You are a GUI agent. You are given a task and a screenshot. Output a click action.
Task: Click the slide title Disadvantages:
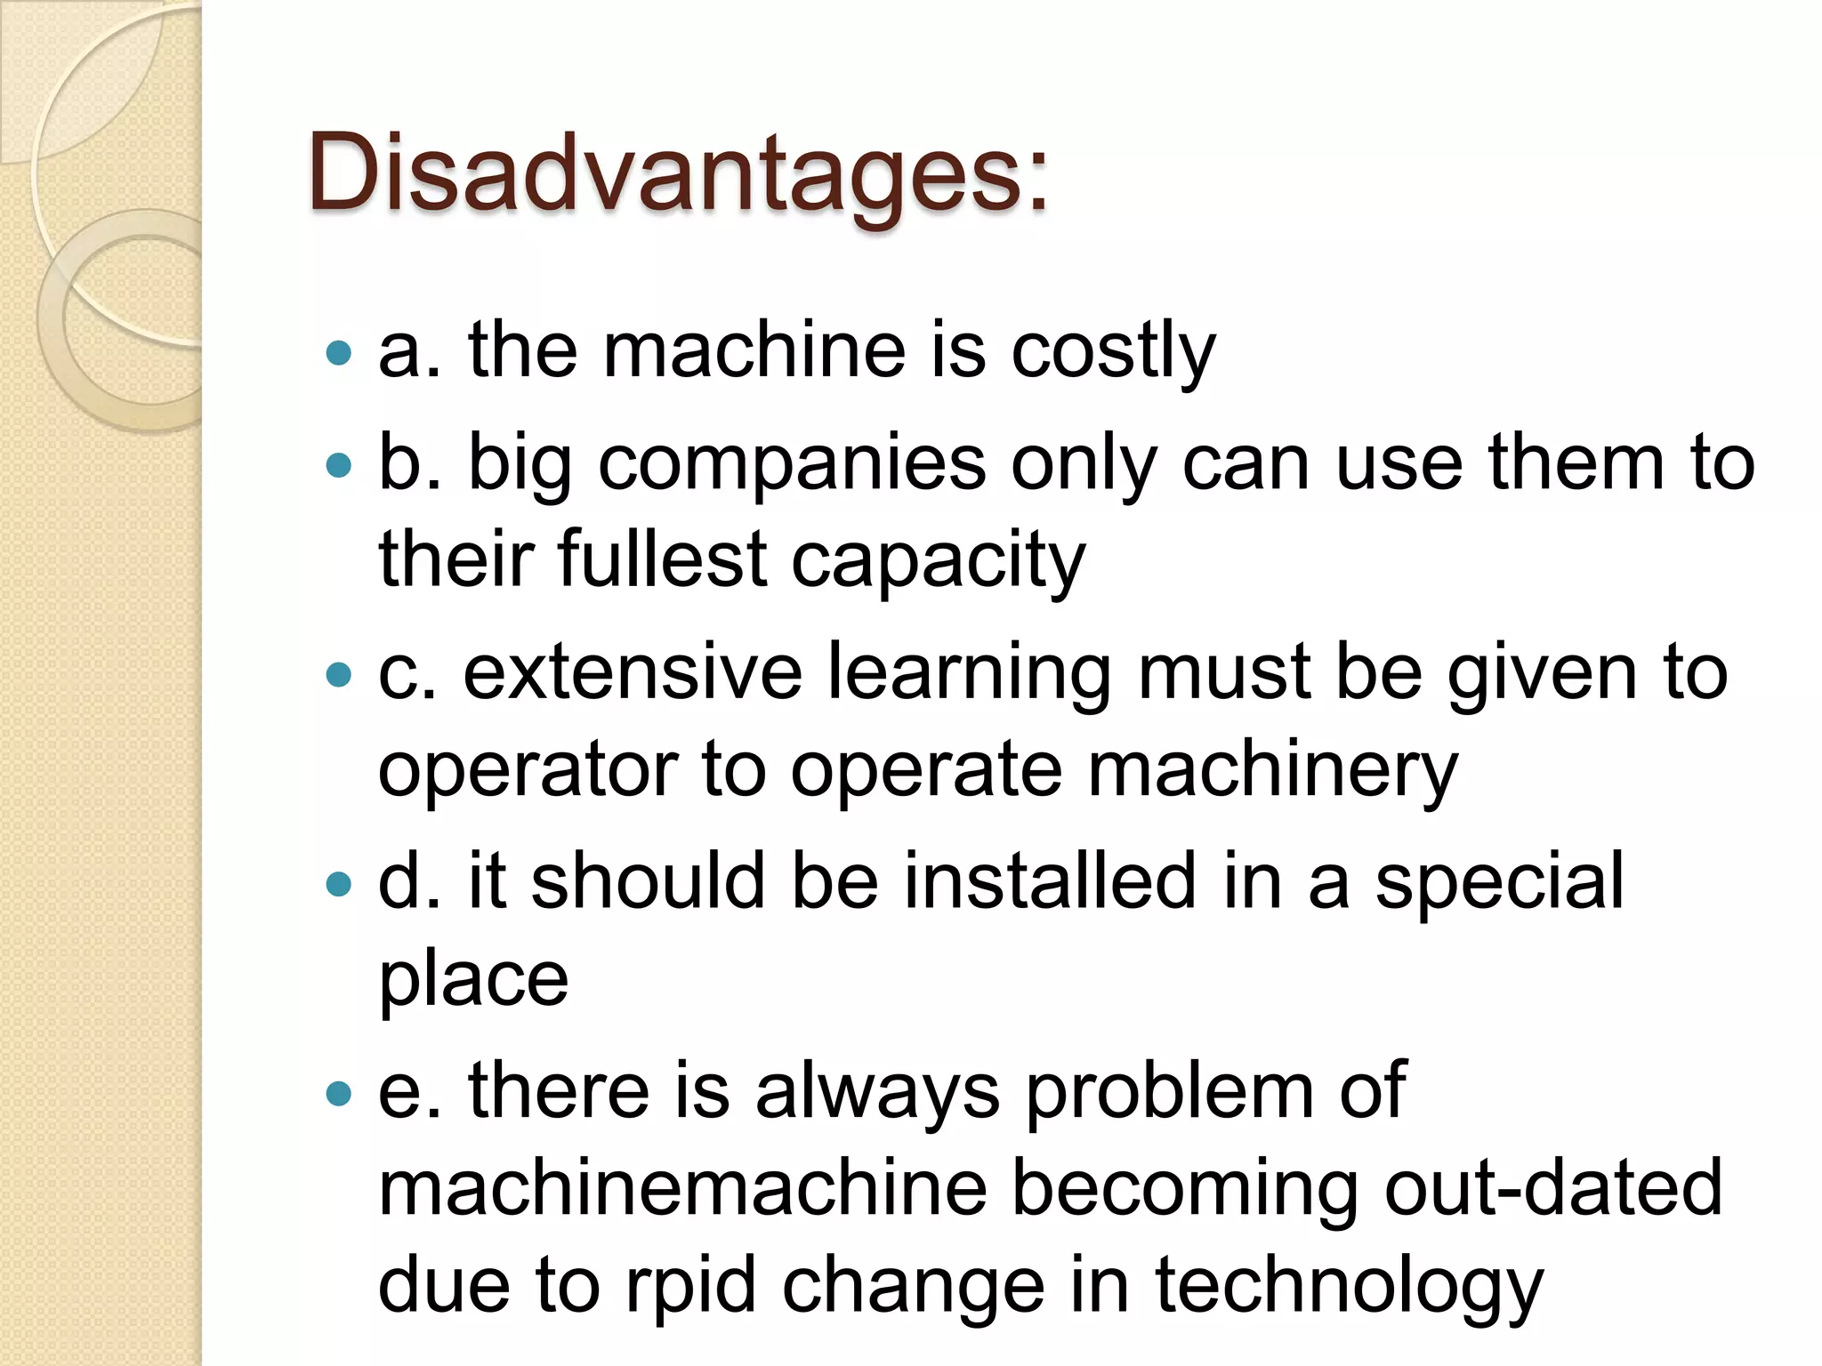(x=678, y=173)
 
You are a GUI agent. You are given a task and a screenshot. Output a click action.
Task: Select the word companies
(x=792, y=462)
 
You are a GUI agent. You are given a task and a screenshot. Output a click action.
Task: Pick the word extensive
(x=633, y=672)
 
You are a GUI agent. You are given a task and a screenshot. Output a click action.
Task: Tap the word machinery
(x=1272, y=770)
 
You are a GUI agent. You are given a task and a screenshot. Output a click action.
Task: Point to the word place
(x=473, y=980)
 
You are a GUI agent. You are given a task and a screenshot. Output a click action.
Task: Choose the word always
(x=877, y=1092)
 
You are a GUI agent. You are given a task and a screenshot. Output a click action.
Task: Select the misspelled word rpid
(x=690, y=1286)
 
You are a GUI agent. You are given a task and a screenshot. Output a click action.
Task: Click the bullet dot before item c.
(x=339, y=675)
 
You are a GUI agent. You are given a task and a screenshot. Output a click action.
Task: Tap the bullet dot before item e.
(x=339, y=1093)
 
